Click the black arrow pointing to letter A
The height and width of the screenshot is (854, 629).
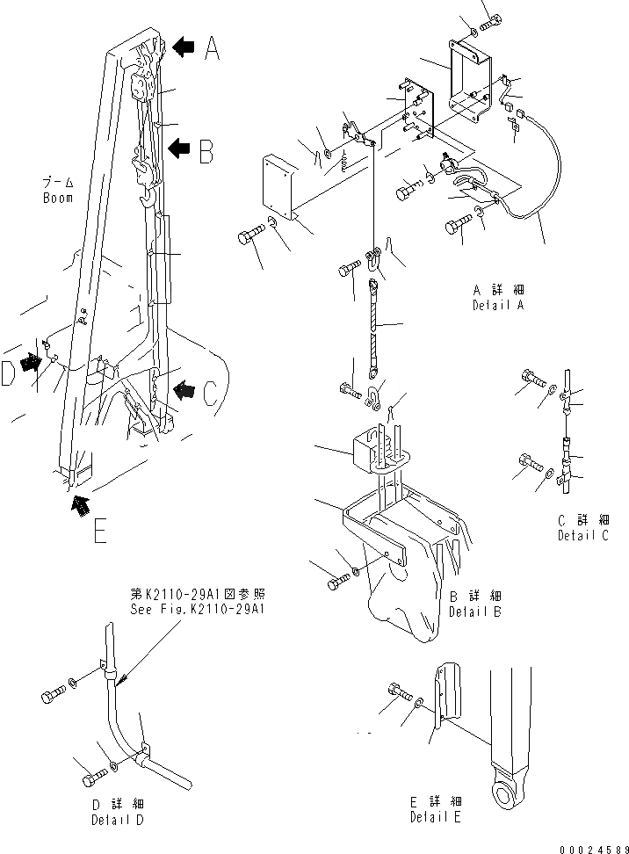tap(184, 47)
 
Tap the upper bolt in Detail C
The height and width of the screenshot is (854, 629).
tap(531, 378)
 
